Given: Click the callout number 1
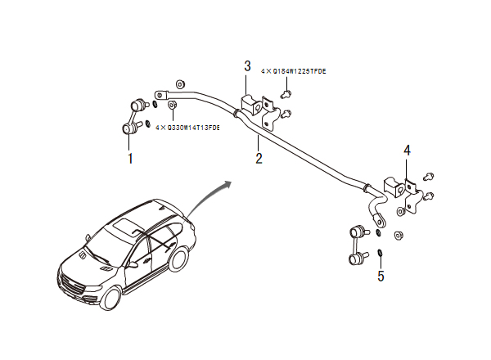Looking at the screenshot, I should (129, 158).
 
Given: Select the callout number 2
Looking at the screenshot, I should (259, 158).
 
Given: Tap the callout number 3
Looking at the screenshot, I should (247, 66).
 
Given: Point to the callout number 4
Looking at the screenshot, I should (408, 151).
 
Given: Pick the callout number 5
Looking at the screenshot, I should (381, 277).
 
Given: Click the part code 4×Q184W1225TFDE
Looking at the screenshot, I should (293, 72).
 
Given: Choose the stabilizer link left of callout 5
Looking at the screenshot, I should (357, 245).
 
